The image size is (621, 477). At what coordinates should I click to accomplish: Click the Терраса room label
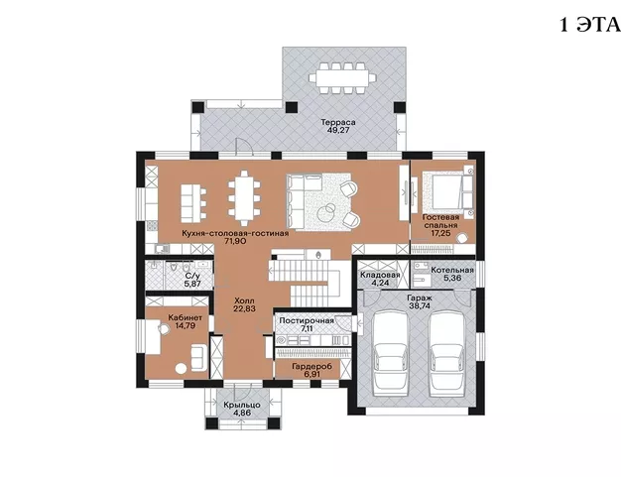[338, 122]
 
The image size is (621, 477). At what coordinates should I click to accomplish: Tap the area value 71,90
[235, 241]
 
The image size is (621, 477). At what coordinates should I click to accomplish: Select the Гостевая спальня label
[440, 221]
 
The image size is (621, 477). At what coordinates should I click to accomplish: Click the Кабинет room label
[186, 317]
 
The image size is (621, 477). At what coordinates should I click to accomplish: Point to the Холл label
[244, 300]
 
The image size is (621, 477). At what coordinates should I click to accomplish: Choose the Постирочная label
[307, 320]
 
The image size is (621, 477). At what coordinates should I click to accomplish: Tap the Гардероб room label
[312, 367]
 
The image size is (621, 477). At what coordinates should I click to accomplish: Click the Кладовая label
[380, 275]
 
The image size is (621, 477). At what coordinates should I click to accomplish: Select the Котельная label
[452, 271]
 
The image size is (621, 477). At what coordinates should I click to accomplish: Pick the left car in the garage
[391, 353]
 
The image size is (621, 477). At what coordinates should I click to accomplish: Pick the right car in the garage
[447, 353]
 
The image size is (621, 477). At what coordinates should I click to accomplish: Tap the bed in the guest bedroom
[447, 191]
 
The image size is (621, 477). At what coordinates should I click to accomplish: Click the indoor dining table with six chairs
[244, 198]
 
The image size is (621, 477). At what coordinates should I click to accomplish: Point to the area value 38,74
[420, 306]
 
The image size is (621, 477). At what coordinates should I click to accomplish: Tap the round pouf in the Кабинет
[181, 369]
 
